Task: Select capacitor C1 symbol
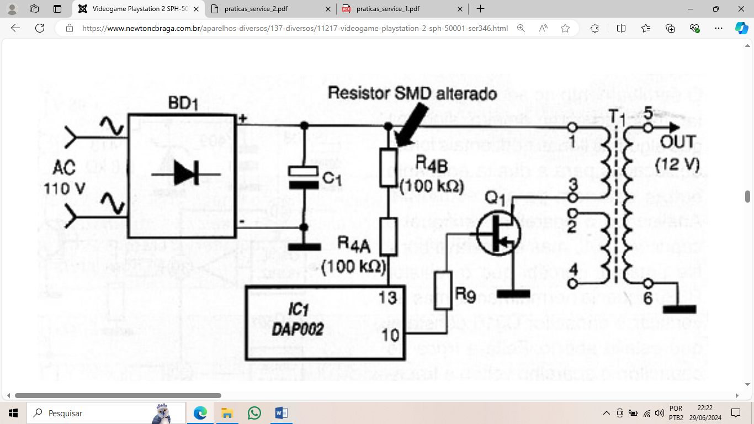coord(304,178)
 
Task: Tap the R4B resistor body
coord(389,167)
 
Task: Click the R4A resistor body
coord(389,236)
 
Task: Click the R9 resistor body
coord(443,291)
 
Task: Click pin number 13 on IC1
coord(387,298)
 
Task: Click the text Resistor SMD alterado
coord(412,93)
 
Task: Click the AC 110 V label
coord(65,178)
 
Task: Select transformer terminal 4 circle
coord(573,284)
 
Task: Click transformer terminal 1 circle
coord(573,128)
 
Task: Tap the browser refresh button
coord(39,28)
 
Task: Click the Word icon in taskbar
coord(281,412)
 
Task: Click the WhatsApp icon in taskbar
coord(254,412)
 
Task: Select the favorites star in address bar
coord(565,28)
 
